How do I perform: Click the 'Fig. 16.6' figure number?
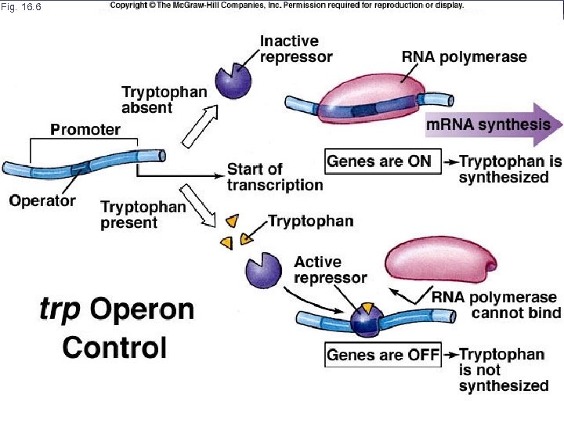tap(22, 7)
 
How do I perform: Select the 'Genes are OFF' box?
tap(384, 355)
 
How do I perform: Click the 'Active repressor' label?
tap(330, 269)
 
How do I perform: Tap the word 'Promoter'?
tap(85, 129)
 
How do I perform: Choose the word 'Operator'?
tap(42, 201)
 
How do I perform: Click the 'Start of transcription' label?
tap(274, 177)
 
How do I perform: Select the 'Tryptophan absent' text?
tap(164, 99)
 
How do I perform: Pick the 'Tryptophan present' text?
tap(143, 215)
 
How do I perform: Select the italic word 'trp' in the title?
tap(60, 309)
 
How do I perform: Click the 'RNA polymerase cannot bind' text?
tap(496, 305)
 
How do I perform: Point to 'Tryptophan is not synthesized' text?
tap(503, 370)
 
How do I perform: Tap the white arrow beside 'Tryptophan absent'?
tap(201, 125)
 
